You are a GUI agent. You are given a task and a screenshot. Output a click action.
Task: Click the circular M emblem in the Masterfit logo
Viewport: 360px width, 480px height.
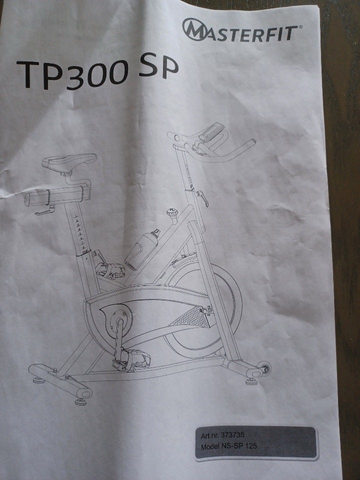194,29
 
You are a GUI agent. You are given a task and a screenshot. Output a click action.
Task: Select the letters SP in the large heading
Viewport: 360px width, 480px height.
158,65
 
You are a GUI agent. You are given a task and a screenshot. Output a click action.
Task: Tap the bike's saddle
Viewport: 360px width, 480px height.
69,161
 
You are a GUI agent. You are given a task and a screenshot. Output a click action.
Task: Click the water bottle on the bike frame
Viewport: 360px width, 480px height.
142,249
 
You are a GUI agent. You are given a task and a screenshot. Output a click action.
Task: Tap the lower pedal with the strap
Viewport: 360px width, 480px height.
131,360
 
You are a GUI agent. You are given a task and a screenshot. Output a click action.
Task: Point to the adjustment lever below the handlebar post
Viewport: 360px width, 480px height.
202,197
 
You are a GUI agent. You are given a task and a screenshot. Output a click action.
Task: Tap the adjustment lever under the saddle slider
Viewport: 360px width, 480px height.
44,210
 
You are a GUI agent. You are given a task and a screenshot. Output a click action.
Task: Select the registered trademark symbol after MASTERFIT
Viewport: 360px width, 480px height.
300,27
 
